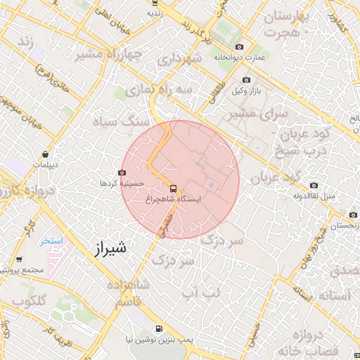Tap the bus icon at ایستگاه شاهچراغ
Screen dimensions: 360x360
click(x=173, y=188)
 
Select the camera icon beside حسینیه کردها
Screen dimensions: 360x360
click(x=123, y=172)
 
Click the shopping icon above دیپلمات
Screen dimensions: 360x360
click(x=45, y=153)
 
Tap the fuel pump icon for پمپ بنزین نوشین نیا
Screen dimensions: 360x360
click(x=158, y=328)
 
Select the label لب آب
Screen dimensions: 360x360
click(x=201, y=291)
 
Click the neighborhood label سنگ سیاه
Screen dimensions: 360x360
click(x=128, y=120)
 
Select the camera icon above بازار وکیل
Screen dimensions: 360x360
click(x=246, y=80)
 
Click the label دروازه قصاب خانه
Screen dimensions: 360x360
click(x=311, y=340)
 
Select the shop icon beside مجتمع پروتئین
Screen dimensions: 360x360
click(x=20, y=259)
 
